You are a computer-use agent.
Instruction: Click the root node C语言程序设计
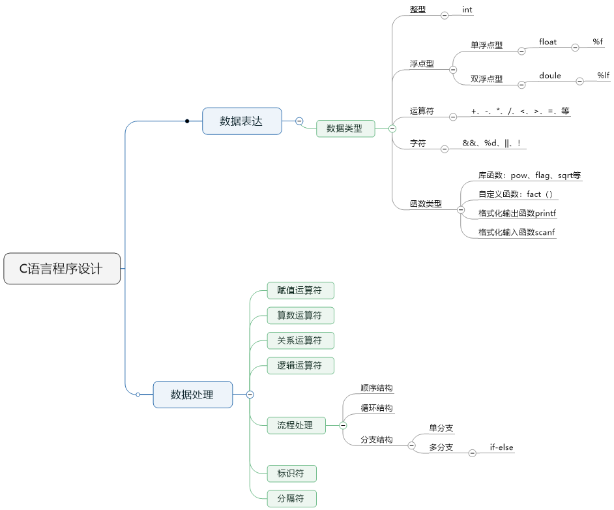click(62, 268)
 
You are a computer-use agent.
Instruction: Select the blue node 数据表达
click(242, 121)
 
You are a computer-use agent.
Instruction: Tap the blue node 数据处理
click(192, 394)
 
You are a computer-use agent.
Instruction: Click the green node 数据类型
click(345, 128)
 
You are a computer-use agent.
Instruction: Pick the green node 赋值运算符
click(300, 290)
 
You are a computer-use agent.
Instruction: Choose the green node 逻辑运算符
click(300, 365)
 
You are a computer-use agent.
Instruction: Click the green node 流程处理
click(296, 425)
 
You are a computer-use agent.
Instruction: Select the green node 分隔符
click(291, 499)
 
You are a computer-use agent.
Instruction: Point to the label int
click(467, 10)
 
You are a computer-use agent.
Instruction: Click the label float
click(548, 42)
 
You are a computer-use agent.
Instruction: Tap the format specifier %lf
click(603, 76)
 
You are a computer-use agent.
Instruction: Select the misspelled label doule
click(550, 76)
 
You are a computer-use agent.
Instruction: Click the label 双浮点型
click(486, 79)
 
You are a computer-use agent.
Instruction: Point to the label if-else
click(502, 448)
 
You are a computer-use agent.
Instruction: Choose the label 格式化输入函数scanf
click(516, 232)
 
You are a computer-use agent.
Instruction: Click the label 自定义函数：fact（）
click(515, 194)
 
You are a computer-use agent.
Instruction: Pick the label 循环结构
click(377, 408)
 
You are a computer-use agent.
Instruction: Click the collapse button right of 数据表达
click(299, 121)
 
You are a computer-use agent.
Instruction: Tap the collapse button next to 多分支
click(473, 453)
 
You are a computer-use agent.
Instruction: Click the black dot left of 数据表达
click(187, 121)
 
